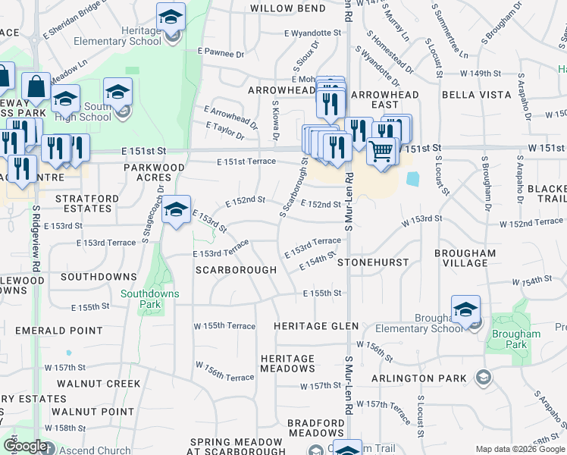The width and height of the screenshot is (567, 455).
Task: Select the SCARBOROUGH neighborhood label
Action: pos(236,270)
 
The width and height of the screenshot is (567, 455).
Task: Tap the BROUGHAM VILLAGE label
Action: pos(465,258)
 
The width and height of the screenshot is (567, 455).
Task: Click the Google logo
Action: pos(24,446)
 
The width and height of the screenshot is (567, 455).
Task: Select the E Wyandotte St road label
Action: pos(313,33)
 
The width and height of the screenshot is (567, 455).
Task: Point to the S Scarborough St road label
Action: pos(293,186)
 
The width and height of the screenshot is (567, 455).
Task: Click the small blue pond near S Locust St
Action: pos(412,179)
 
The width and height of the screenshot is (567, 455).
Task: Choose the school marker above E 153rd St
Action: pos(177,211)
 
